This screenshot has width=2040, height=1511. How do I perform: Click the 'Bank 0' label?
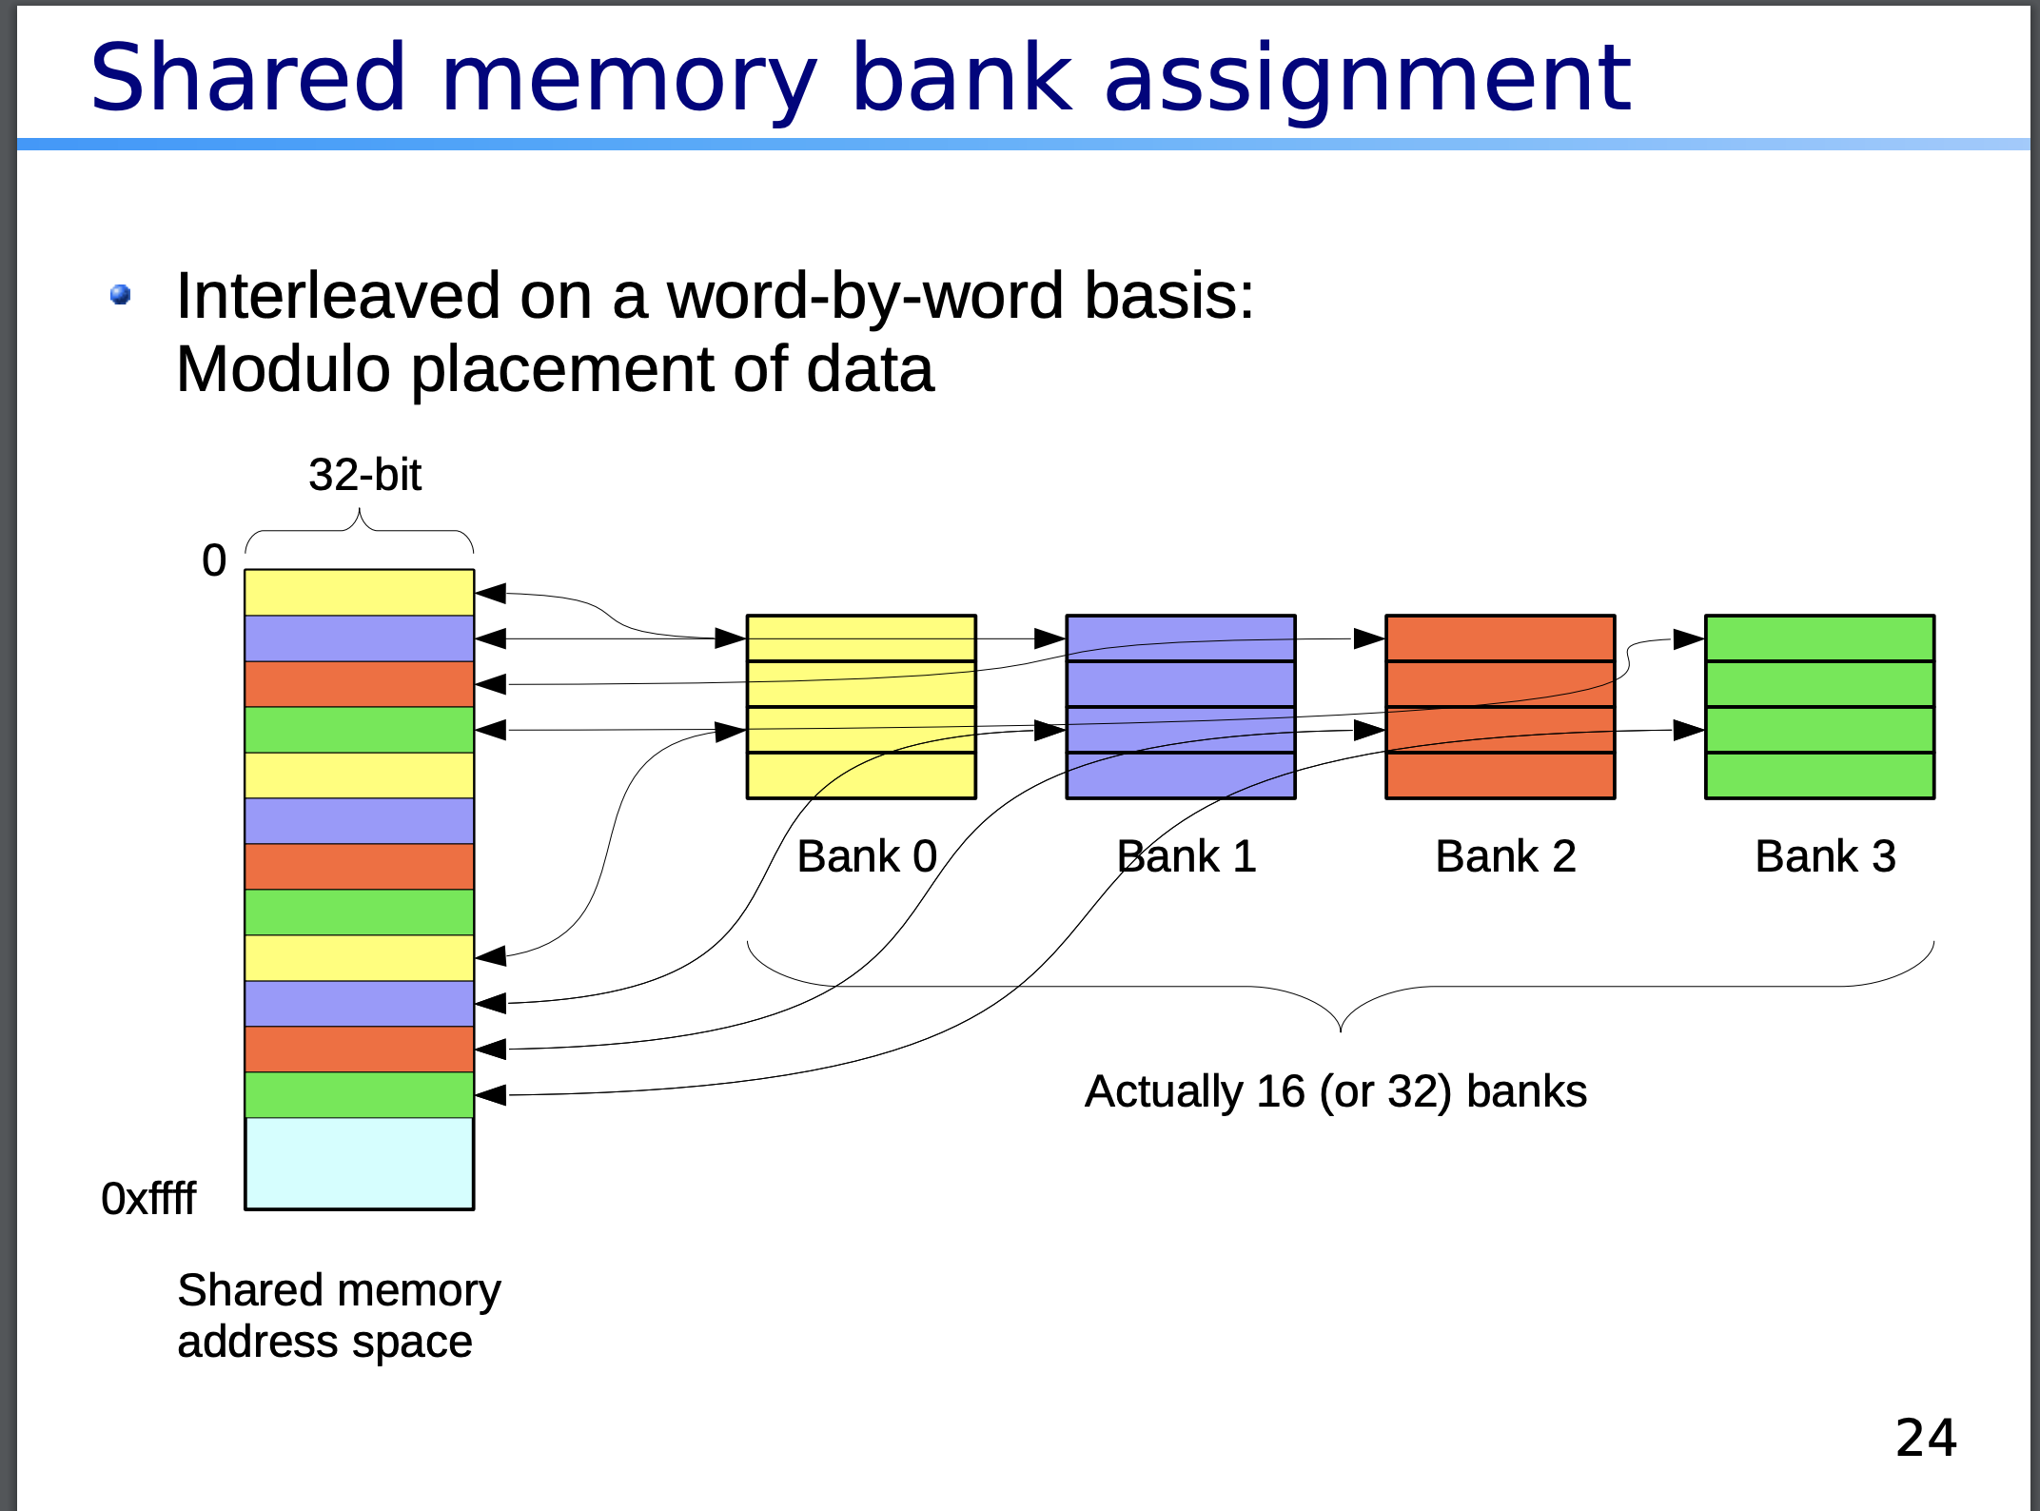point(867,856)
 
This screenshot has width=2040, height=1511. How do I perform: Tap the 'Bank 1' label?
point(1187,856)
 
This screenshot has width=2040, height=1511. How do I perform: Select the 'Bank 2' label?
point(1505,856)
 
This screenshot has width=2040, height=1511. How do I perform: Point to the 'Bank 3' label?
point(1825,856)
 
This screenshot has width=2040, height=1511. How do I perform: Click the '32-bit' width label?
point(364,475)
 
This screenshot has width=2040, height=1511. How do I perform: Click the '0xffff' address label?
point(148,1199)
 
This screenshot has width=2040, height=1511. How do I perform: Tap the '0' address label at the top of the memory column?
point(214,560)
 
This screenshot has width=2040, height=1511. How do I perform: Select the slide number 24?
point(1926,1438)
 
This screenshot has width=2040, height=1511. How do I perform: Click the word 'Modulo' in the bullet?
point(284,369)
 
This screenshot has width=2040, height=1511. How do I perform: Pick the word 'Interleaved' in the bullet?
point(338,296)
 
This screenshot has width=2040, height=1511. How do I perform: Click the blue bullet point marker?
point(121,295)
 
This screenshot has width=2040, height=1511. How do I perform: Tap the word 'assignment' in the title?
point(1366,78)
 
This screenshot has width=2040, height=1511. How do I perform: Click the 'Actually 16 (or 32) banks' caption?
point(1335,1091)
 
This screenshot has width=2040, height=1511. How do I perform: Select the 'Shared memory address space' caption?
point(338,1316)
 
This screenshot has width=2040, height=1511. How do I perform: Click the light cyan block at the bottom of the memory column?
point(359,1163)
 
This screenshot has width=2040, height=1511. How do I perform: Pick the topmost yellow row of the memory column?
point(359,592)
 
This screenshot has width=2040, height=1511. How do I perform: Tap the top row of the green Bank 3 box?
point(1819,638)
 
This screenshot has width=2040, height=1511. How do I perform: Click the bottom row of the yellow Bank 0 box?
point(861,775)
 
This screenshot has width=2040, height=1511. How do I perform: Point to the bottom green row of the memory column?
point(359,1094)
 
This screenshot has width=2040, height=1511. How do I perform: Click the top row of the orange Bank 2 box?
point(1500,638)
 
